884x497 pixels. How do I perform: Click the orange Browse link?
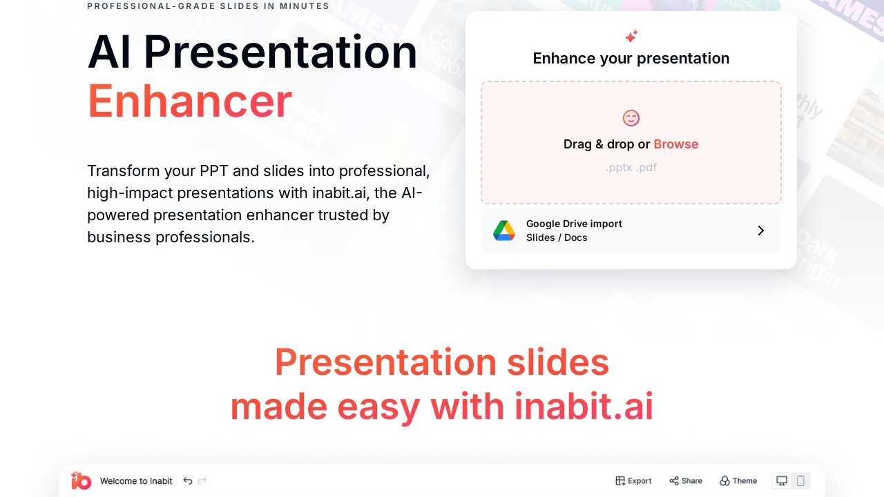675,144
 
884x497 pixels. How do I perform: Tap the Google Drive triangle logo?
504,231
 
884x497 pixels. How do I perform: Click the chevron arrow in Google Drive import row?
761,231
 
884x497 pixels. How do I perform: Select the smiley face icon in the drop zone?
631,118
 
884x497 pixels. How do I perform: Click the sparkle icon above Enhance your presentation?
631,37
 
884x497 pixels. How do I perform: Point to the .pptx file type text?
619,168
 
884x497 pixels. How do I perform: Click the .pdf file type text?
646,168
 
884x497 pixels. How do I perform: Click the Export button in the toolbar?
633,481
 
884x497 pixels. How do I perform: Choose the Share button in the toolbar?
686,481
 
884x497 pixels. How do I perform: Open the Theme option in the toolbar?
738,481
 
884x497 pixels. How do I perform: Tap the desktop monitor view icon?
781,481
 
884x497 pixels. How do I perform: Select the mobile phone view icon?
800,481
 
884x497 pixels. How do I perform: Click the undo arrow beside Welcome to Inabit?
188,481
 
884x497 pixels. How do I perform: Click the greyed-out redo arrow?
202,481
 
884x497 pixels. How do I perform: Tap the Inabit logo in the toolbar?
81,480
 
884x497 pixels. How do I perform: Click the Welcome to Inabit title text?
136,481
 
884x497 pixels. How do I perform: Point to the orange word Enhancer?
190,101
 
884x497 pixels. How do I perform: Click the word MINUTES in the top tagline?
305,6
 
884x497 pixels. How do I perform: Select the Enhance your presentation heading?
631,59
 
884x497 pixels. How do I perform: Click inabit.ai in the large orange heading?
584,407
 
